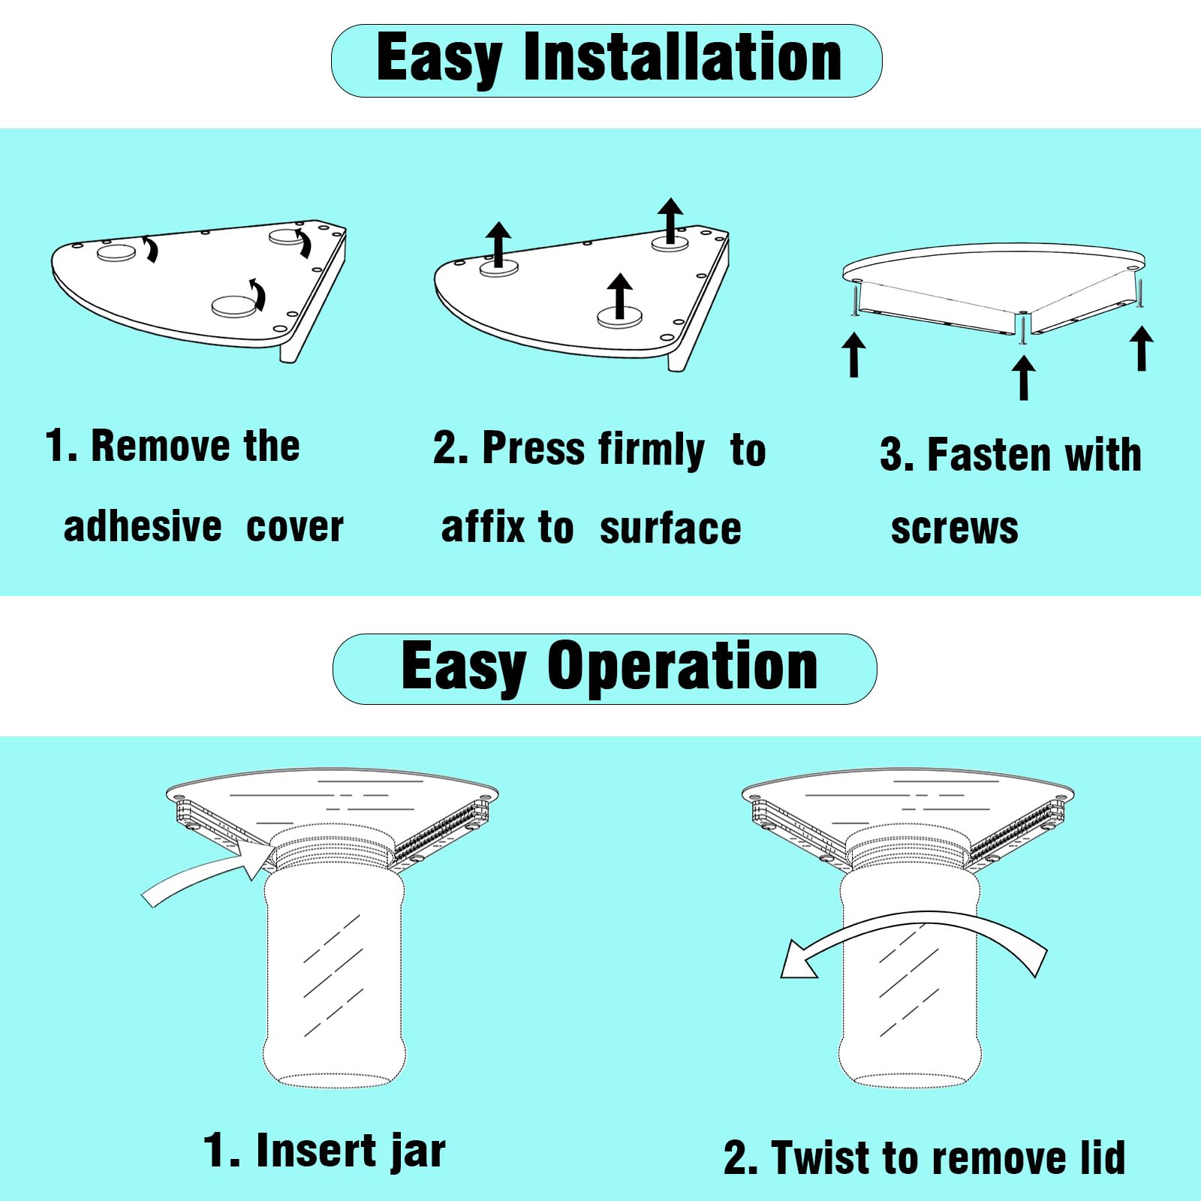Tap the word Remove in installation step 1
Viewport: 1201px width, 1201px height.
[x=160, y=446]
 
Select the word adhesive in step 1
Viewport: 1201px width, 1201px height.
[x=143, y=526]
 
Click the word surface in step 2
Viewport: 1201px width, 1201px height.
[x=670, y=528]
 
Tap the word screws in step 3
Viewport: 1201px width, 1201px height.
[x=955, y=528]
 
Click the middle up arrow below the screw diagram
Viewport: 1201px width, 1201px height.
[x=1024, y=377]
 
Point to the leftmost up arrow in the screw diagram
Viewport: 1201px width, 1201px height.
[x=853, y=354]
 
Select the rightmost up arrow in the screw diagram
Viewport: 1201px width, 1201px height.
[x=1142, y=348]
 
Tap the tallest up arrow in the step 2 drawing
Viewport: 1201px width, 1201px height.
[x=670, y=221]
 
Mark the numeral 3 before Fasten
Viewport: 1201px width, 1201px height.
[x=891, y=456]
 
